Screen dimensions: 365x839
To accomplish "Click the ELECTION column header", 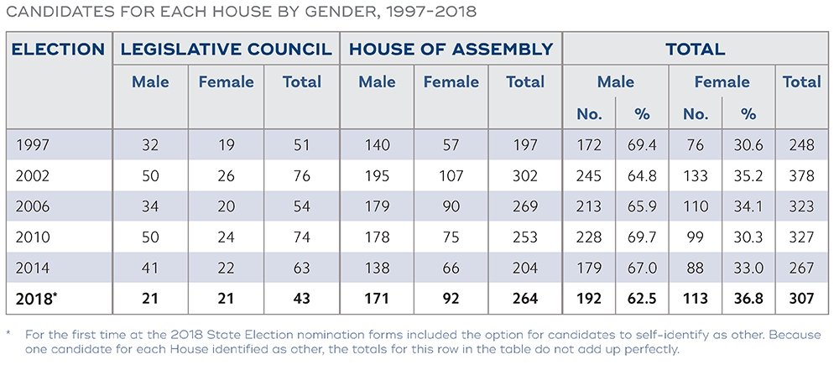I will click(58, 49).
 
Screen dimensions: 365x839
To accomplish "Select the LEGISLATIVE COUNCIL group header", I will click(226, 49).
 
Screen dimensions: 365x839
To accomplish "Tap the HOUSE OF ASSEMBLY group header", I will click(451, 49).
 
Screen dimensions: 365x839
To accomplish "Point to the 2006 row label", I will click(33, 207).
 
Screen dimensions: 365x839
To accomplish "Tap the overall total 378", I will click(801, 176).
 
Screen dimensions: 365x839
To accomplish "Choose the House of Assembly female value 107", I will click(451, 176).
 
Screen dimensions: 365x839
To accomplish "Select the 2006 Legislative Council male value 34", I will click(150, 207).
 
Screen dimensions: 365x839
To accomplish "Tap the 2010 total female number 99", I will click(694, 238).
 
